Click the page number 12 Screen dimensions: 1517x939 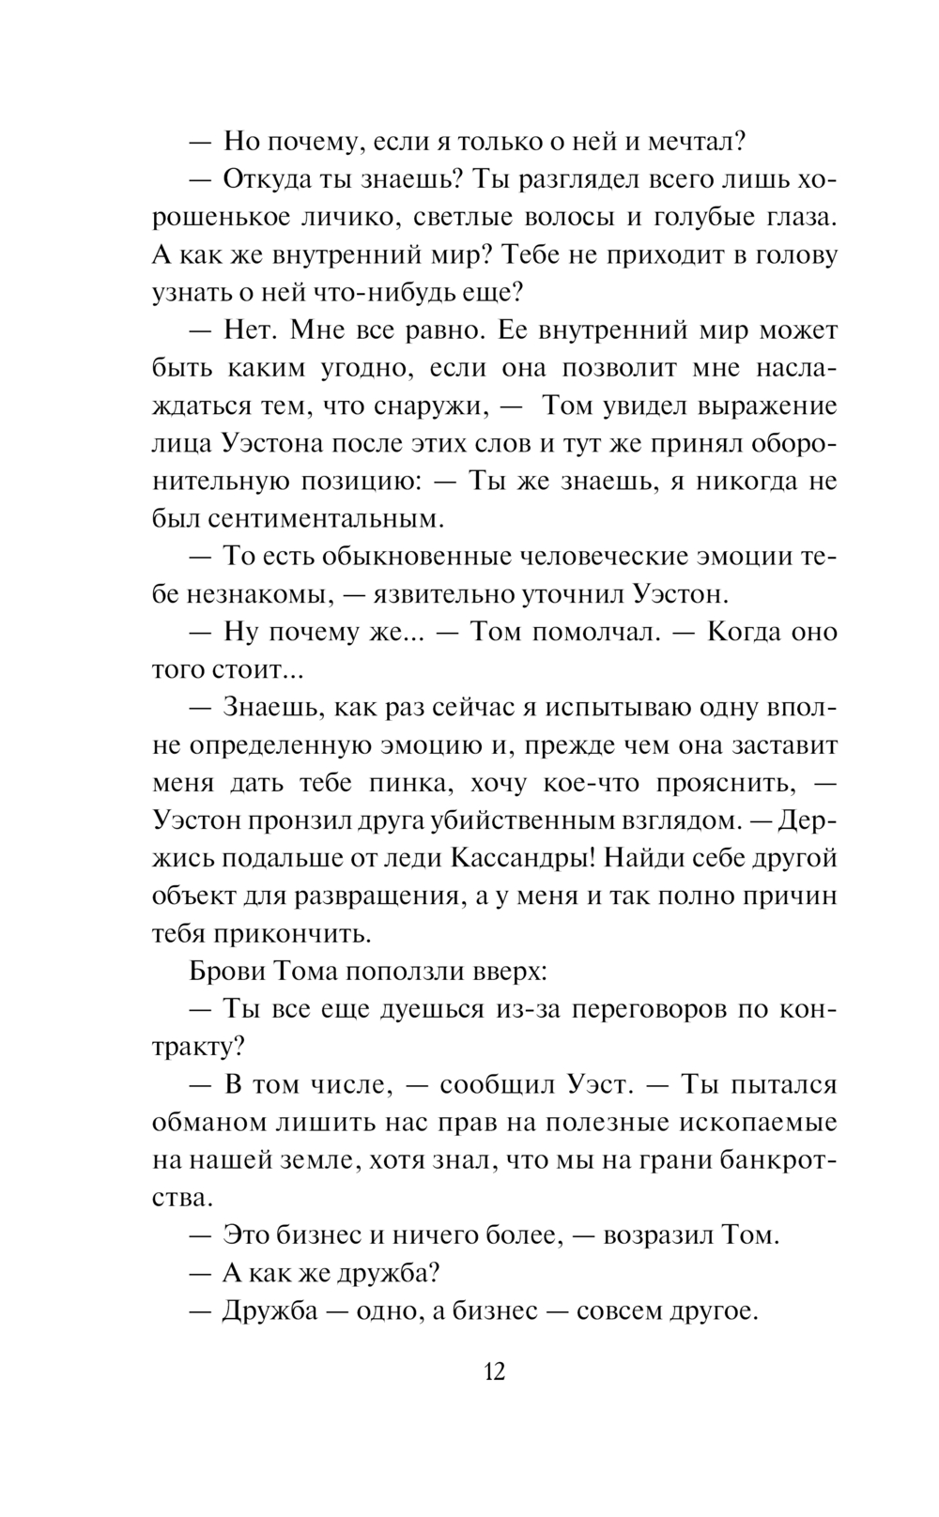[495, 1371]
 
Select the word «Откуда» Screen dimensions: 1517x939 [274, 179]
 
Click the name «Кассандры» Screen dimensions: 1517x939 [521, 857]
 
